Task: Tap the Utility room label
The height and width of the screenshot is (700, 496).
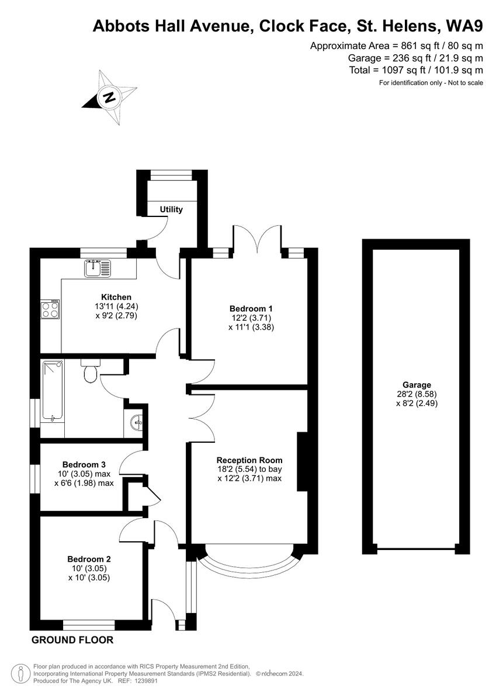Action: coord(171,209)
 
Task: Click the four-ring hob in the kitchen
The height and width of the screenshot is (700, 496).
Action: coord(50,309)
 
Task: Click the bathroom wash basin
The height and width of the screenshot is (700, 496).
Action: coord(136,421)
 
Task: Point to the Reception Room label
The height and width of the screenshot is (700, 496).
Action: coord(249,460)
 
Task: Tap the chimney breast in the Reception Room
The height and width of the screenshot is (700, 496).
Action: coord(303,461)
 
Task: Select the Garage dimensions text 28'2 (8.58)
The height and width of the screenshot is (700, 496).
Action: coord(417,394)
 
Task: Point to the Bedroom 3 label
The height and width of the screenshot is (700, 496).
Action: coord(84,464)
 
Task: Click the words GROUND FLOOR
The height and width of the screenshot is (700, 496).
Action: coord(72,640)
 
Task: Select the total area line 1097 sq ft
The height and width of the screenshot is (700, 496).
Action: coord(415,70)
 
